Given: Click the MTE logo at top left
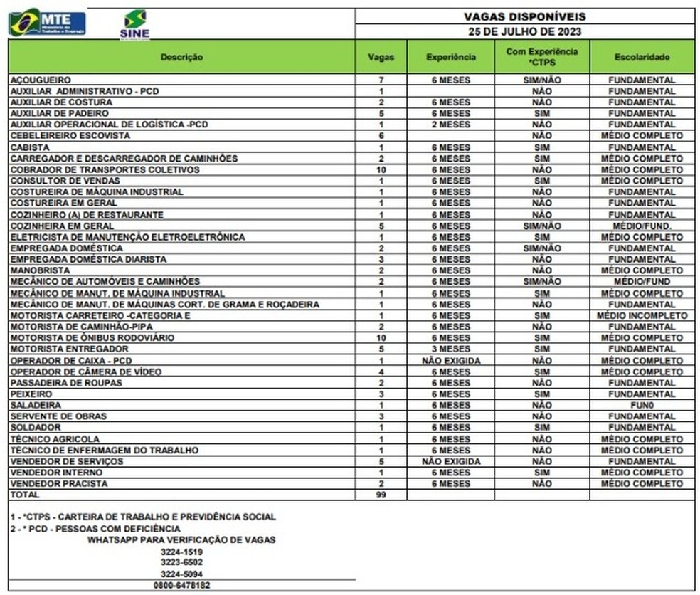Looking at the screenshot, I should click(x=47, y=22).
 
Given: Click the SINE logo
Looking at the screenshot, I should click(x=134, y=23).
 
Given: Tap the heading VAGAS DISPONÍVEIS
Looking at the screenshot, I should click(x=524, y=16).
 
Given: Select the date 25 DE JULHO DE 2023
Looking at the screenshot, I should click(x=524, y=31).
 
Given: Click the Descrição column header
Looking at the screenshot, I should click(x=181, y=57).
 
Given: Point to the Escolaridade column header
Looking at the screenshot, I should click(x=642, y=57).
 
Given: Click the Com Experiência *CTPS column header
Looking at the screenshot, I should click(x=541, y=57).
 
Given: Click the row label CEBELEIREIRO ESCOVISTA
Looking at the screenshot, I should click(x=70, y=135).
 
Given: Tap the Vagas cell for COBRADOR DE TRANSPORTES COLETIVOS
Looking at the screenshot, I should click(x=381, y=169).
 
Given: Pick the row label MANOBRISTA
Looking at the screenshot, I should click(x=40, y=270).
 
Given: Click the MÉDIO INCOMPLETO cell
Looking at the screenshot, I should click(x=642, y=315).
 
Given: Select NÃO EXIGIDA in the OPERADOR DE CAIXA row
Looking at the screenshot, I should click(x=450, y=360).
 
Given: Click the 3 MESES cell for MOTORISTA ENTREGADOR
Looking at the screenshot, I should click(x=450, y=349).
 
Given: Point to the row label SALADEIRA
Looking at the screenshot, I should click(x=36, y=405).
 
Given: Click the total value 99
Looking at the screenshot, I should click(x=381, y=495).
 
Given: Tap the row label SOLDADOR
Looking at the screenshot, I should click(x=36, y=428).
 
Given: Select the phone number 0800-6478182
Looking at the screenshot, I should click(x=181, y=585).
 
